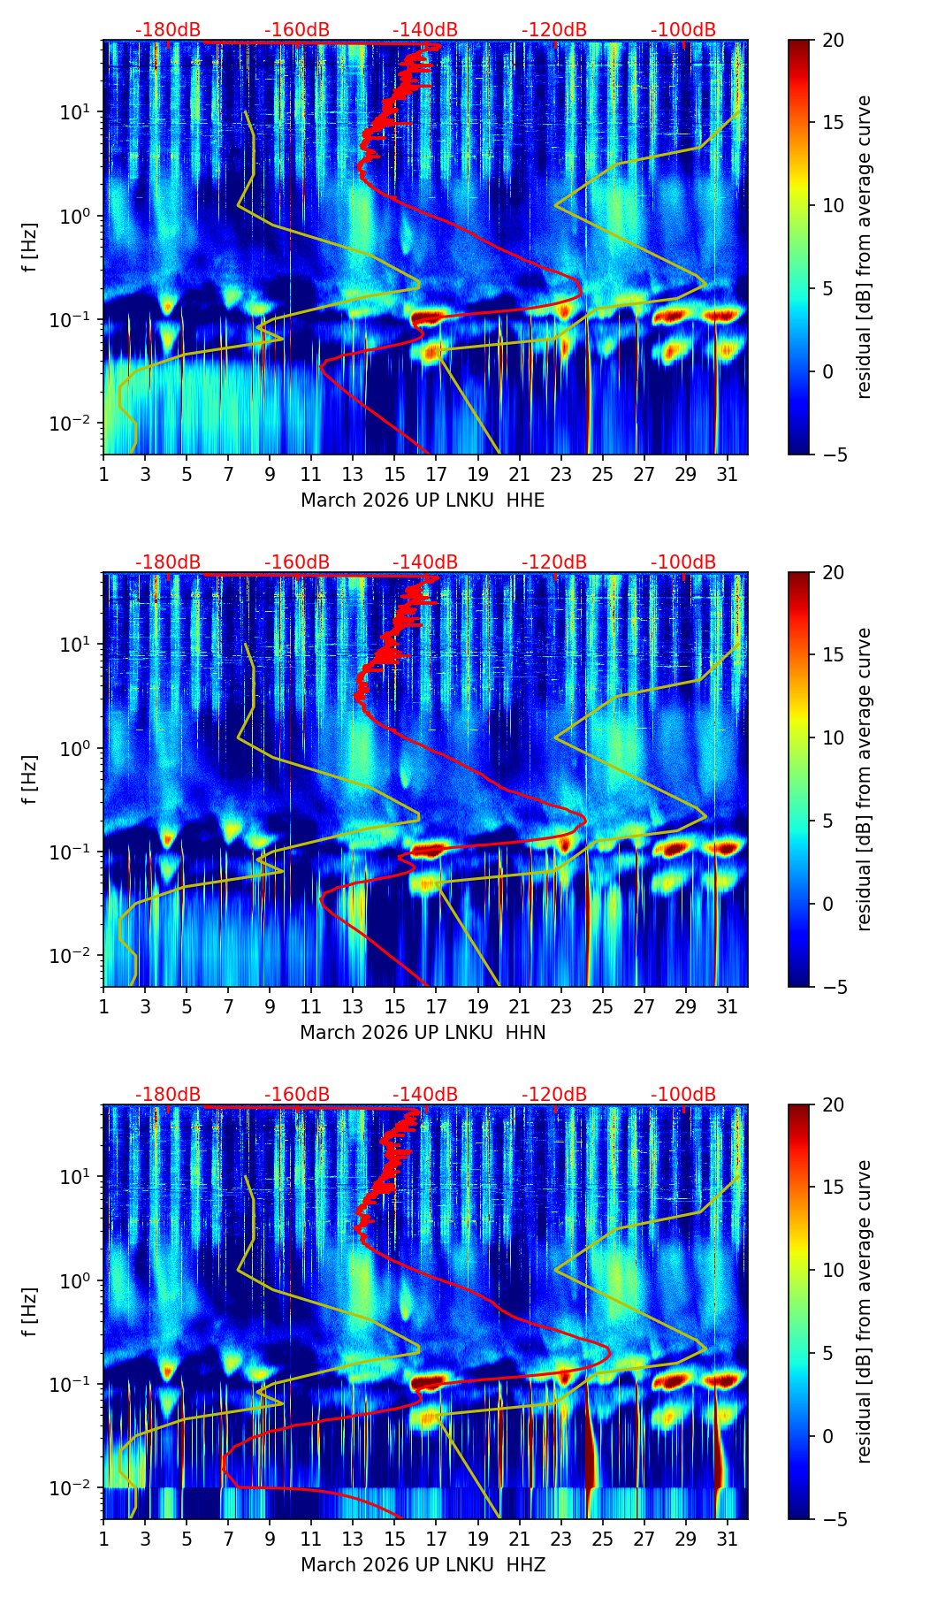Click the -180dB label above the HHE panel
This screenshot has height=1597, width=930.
(168, 30)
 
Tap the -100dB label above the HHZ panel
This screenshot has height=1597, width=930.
(683, 1095)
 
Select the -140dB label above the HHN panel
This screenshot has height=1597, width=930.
(425, 562)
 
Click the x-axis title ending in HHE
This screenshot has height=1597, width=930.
(423, 500)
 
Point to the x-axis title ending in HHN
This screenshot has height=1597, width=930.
(423, 1033)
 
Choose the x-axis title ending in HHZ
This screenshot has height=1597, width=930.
(423, 1565)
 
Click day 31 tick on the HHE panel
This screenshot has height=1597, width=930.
(728, 474)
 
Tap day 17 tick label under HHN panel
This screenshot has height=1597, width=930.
(436, 1006)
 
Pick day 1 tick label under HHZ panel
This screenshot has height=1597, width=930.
(103, 1539)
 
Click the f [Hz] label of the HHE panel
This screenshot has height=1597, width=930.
(30, 248)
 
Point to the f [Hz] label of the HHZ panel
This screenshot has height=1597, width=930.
(30, 1312)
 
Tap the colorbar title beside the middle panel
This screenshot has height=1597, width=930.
(864, 779)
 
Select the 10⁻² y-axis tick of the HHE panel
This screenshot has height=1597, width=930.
(74, 424)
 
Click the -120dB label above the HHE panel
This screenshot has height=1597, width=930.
(554, 30)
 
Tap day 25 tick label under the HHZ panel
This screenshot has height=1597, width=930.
(602, 1539)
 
